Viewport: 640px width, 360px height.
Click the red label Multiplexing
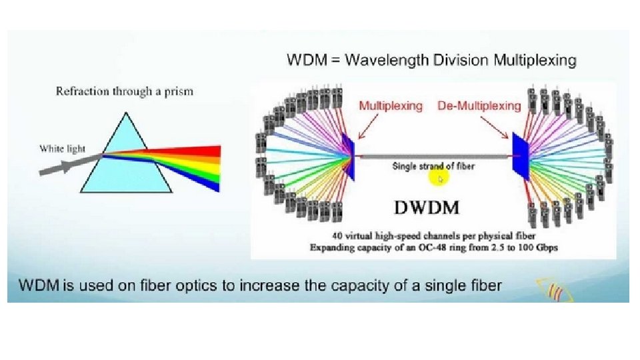[391, 106]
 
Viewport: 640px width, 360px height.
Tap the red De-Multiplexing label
[479, 106]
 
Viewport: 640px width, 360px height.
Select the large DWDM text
[427, 207]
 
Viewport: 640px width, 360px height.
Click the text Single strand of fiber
[433, 166]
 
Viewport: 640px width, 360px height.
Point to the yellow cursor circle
[439, 178]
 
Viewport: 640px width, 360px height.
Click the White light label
[62, 148]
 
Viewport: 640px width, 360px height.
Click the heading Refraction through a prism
[124, 91]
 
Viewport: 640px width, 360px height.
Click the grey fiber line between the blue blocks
[433, 155]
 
